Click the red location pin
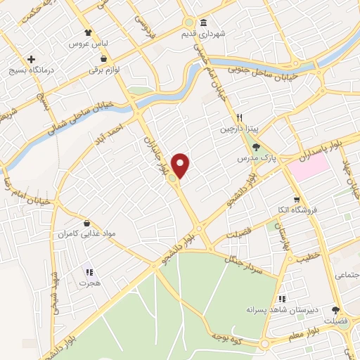click(181, 164)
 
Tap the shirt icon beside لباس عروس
click(87, 32)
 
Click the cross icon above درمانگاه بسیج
click(30, 59)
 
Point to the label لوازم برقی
click(110, 71)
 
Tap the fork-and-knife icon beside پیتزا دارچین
click(240, 117)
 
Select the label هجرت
click(89, 283)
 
